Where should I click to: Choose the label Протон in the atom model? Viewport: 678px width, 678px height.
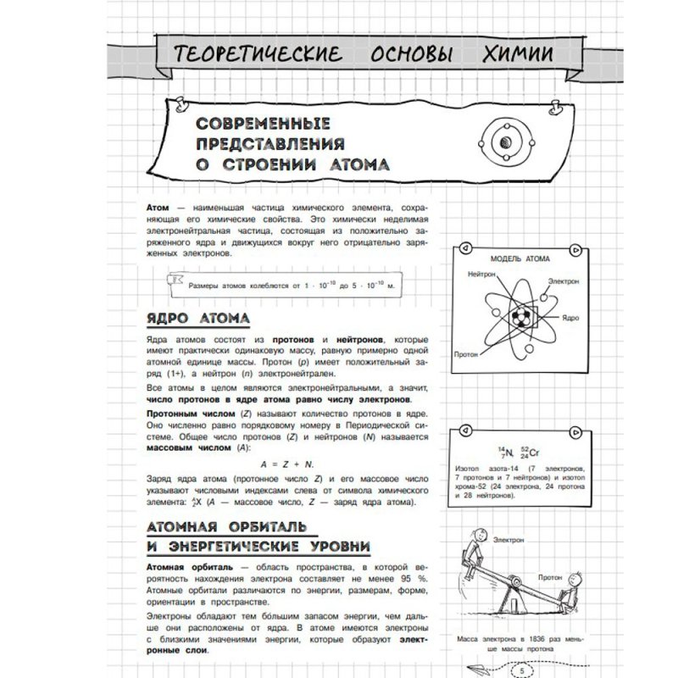point(468,355)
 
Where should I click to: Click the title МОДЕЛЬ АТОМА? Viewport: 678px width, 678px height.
point(520,258)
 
